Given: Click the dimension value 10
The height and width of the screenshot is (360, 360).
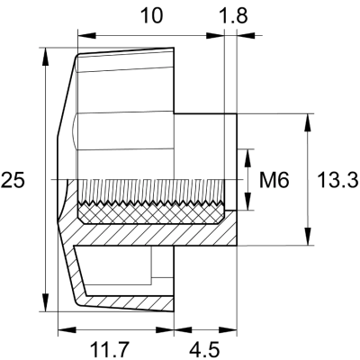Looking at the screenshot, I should click(152, 15).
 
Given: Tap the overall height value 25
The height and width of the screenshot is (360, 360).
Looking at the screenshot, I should click(13, 180).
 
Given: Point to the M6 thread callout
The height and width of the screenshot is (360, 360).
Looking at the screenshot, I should click(273, 180).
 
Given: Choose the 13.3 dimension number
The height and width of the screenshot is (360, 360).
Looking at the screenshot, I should click(337, 180).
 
